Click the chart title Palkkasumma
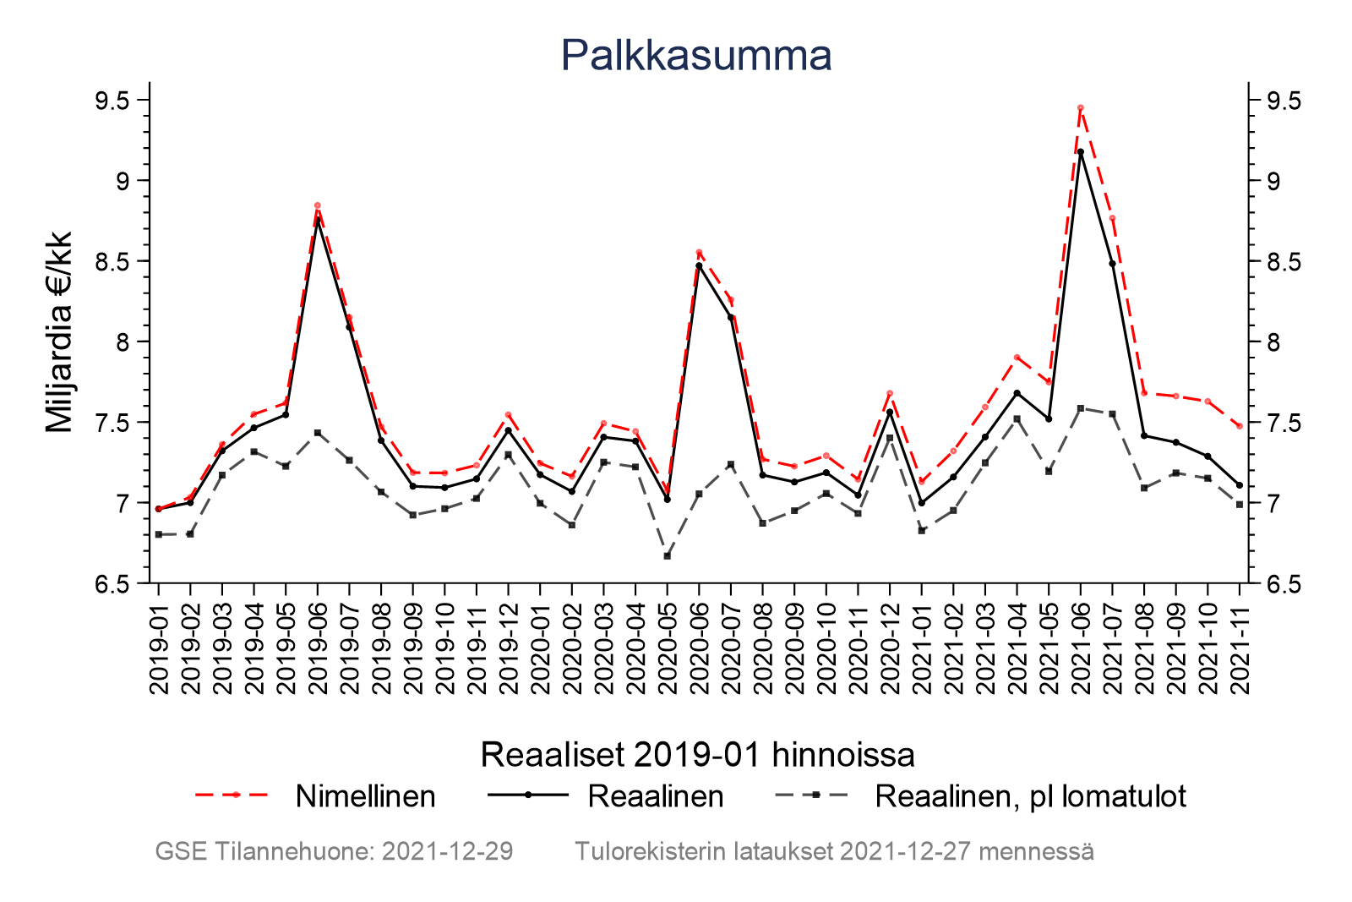[x=695, y=56]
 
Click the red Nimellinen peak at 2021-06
[x=1080, y=108]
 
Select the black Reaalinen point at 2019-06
[x=318, y=221]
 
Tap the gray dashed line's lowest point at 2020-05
[x=667, y=556]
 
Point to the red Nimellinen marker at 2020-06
[x=699, y=252]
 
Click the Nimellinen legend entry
[x=365, y=796]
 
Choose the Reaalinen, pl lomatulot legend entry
[x=1030, y=796]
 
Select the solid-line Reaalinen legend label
[x=656, y=796]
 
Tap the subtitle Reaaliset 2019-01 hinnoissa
[x=697, y=755]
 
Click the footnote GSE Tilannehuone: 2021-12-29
[x=334, y=851]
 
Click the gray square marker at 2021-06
[x=1080, y=408]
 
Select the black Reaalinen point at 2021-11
[x=1239, y=485]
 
